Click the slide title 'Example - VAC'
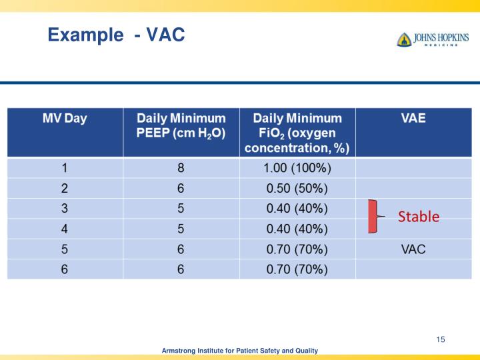[x=116, y=34]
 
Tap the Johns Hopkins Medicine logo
[x=433, y=39]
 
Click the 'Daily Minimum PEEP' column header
[x=181, y=125]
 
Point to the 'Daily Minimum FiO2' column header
[x=297, y=132]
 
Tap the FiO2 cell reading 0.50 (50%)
[x=297, y=188]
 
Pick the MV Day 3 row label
[x=65, y=209]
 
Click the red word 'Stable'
[x=419, y=217]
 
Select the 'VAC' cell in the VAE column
[x=413, y=249]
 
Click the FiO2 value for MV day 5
[x=297, y=249]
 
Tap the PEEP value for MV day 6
[x=181, y=269]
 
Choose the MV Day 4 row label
[x=65, y=229]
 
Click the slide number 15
[x=440, y=340]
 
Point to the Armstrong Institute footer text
[x=240, y=351]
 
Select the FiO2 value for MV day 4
[x=297, y=229]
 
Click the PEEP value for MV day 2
[x=181, y=188]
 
